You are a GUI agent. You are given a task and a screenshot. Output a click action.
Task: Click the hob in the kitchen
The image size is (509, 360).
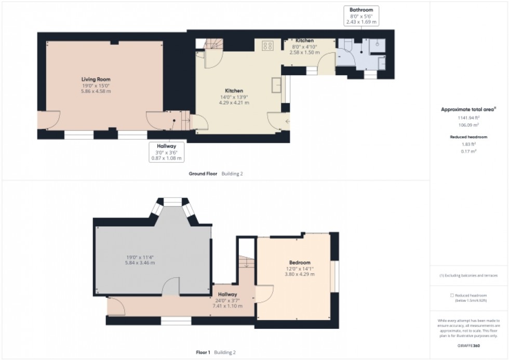click(x=268, y=46)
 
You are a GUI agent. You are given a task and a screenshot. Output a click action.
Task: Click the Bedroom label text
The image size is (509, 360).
click(x=300, y=262)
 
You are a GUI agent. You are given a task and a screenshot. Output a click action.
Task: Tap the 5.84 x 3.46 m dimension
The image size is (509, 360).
click(x=140, y=263)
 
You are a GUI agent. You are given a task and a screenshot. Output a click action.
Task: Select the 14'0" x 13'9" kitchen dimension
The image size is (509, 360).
click(x=234, y=97)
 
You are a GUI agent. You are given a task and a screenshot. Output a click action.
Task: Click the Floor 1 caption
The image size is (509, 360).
click(x=203, y=352)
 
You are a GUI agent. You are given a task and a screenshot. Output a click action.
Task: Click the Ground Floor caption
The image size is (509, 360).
click(x=203, y=174)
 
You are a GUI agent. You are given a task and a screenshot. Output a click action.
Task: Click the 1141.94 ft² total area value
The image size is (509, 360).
click(x=468, y=118)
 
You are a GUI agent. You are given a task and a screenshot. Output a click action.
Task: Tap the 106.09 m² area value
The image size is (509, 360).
click(x=468, y=125)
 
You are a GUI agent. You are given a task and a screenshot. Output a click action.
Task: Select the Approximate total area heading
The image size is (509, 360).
click(x=468, y=110)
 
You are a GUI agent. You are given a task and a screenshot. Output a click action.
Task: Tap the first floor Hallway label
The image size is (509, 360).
click(x=227, y=295)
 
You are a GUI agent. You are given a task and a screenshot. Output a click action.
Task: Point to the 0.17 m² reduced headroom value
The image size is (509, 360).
click(x=468, y=151)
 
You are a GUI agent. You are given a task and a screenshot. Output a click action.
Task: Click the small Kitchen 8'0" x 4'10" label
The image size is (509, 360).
click(x=304, y=41)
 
